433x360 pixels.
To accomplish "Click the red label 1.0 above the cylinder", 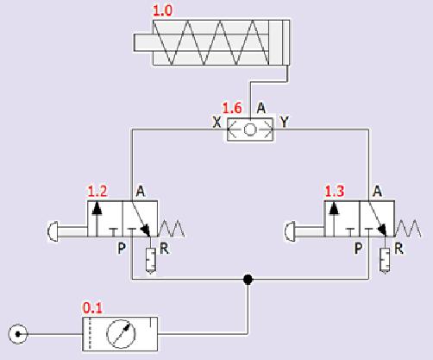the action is tap(162, 11).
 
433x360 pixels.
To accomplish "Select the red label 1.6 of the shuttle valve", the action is tap(232, 108).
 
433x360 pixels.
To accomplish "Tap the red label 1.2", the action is tap(97, 191).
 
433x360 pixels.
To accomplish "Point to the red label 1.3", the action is tap(335, 191).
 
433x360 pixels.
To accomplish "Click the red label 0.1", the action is tap(92, 308).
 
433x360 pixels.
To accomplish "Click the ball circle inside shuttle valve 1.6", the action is tap(249, 129).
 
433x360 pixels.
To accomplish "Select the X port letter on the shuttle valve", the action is tap(216, 122).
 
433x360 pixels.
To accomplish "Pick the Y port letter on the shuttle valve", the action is tap(284, 122).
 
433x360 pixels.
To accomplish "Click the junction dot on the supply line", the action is tap(248, 279).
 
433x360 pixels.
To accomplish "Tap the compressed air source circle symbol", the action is tap(18, 334).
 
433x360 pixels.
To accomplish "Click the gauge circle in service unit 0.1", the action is tap(121, 334).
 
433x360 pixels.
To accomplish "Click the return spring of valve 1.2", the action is tap(171, 229).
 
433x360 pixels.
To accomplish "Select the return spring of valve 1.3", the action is tap(408, 229).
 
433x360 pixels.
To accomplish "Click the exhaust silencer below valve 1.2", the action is tap(151, 260).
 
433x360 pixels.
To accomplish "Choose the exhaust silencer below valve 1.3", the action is tap(385, 260).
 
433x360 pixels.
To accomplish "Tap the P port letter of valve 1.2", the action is tap(122, 249).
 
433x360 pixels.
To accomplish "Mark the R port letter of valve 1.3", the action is tap(398, 249).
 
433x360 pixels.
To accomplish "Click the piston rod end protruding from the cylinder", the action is tap(143, 43).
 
